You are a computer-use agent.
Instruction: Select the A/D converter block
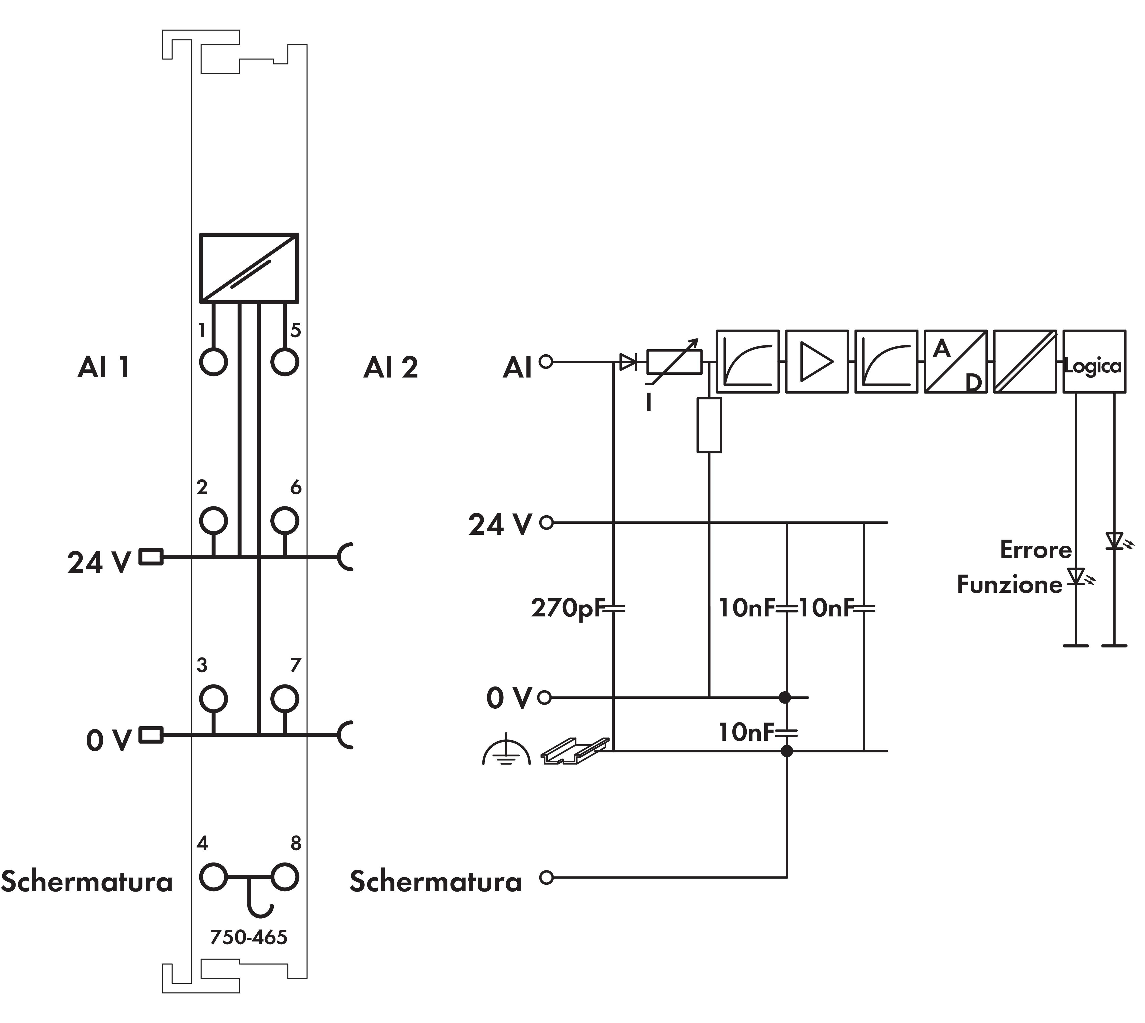tap(955, 361)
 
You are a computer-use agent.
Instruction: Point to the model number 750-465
tap(248, 937)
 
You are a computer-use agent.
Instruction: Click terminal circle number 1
tap(214, 361)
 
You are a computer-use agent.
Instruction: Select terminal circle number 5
tap(285, 361)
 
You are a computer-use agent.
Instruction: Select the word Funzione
tap(1009, 585)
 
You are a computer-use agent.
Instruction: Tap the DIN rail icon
tap(575, 750)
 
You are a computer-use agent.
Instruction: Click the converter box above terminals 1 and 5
tap(248, 268)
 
